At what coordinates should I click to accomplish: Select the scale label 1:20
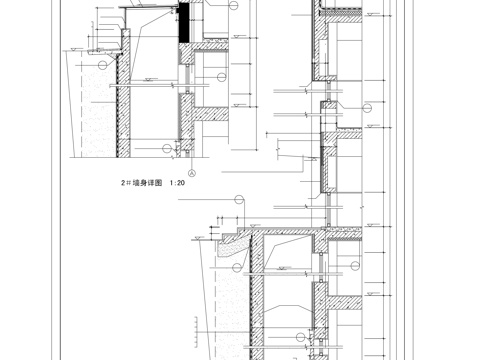pos(183,184)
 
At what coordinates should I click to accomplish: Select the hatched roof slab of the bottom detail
pos(290,232)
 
